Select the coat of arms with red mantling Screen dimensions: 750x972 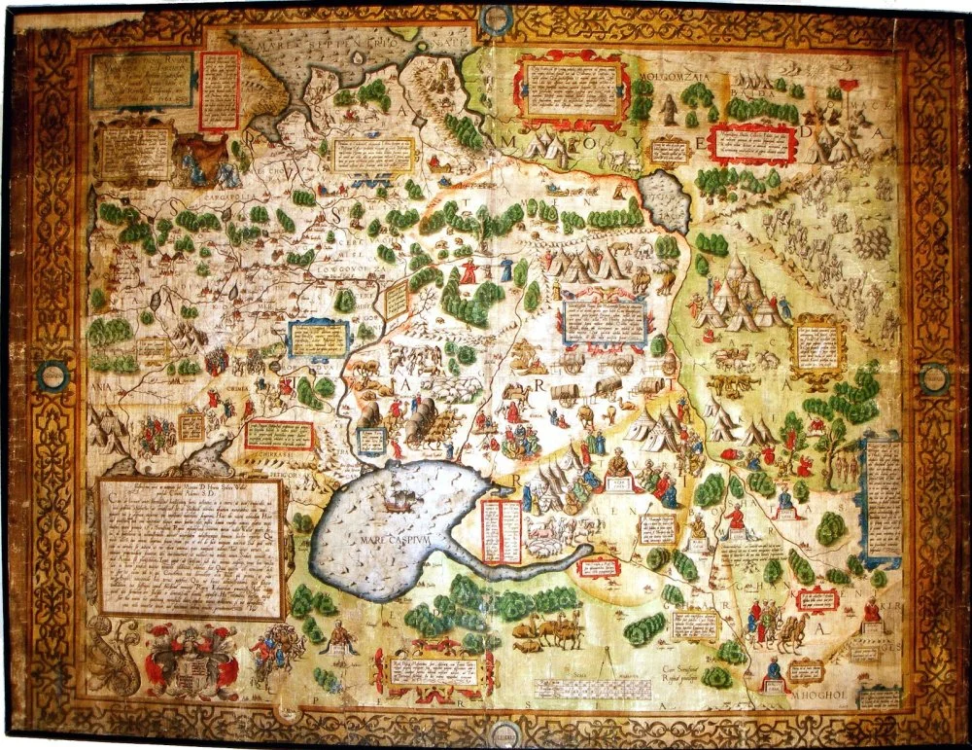[x=191, y=661]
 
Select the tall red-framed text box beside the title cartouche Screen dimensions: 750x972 [x=219, y=89]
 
